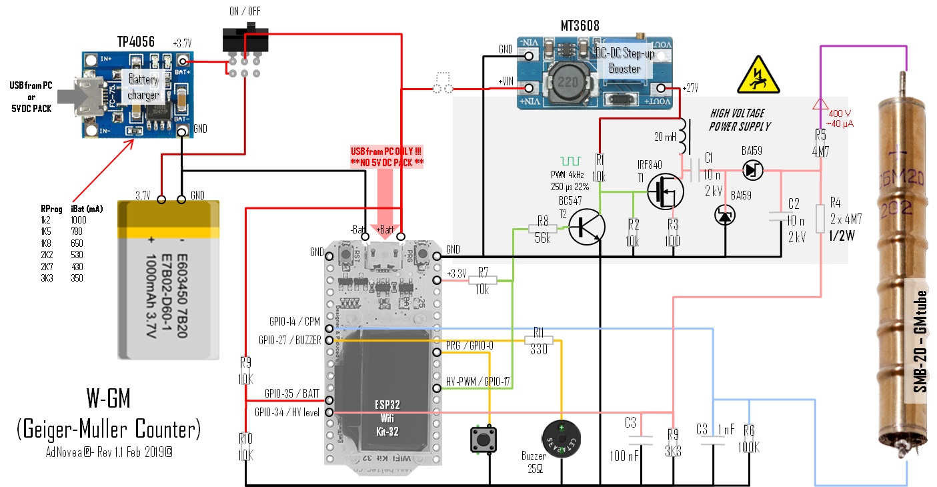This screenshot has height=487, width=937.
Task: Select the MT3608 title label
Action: (x=580, y=25)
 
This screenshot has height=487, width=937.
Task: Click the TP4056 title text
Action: (x=136, y=41)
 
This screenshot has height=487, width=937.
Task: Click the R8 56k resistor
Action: (x=542, y=229)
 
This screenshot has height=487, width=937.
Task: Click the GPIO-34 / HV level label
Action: (x=287, y=412)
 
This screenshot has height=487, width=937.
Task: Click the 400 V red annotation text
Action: (x=837, y=113)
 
